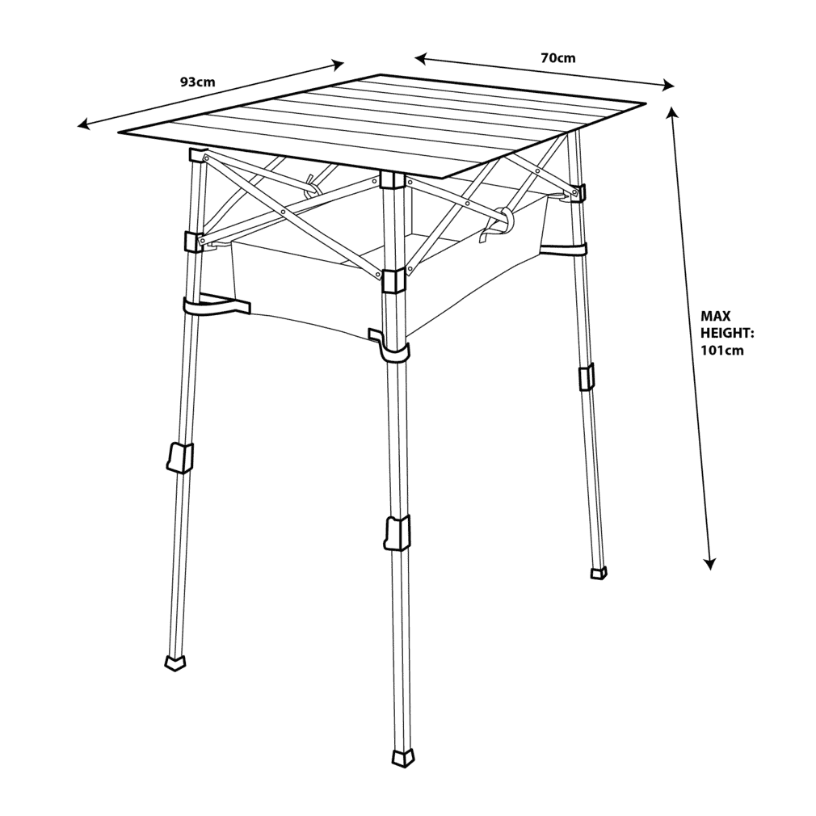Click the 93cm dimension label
tap(197, 82)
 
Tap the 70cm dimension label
tap(558, 57)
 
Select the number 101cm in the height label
tap(721, 351)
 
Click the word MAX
tap(716, 316)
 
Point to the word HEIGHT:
tap(727, 333)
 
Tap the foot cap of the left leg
tap(175, 663)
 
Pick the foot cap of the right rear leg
tap(599, 573)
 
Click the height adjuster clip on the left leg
tap(180, 457)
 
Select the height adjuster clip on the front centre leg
tap(397, 533)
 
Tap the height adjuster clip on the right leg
tap(587, 377)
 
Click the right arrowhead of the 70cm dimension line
tap(668, 86)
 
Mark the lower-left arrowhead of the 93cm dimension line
tap(83, 124)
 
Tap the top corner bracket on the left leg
tap(199, 155)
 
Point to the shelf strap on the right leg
tap(564, 250)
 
